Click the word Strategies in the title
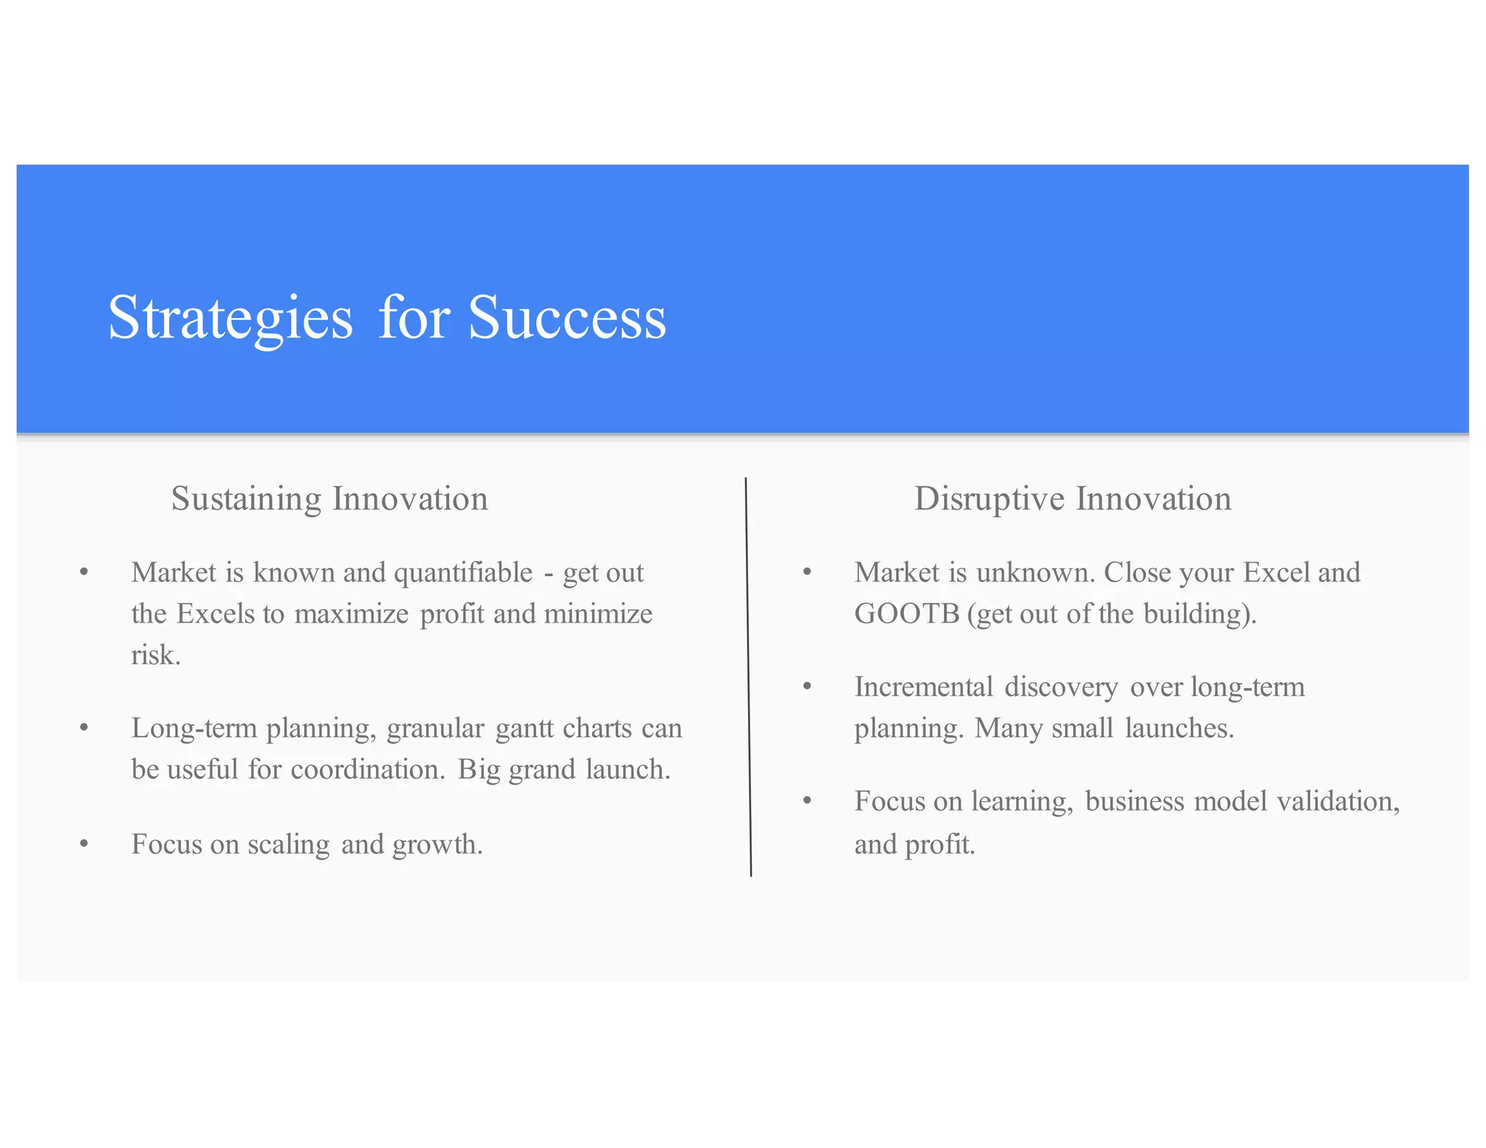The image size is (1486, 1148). point(230,318)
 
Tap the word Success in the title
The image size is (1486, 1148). point(567,318)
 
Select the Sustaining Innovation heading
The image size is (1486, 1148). point(329,499)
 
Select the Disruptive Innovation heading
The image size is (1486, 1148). point(1072,499)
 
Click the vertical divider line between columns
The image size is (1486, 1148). point(748,675)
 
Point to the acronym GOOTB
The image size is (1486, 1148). point(907,614)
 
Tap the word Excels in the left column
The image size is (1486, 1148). point(215,614)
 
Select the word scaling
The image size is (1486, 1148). point(288,845)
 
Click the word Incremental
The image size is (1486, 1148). point(924,686)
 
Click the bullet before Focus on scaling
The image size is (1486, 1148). point(84,844)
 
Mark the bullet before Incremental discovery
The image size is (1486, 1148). point(807,686)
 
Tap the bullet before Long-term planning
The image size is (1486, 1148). point(84,727)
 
